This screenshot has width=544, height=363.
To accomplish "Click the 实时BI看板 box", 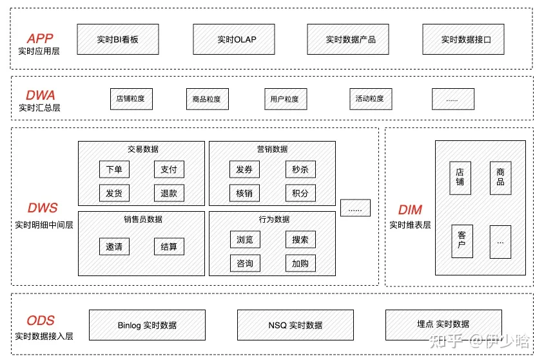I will coord(118,39).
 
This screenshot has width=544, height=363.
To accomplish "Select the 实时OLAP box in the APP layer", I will coord(237,39).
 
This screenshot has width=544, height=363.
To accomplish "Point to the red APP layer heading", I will coord(40,39).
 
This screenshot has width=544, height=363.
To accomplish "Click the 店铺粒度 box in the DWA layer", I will coord(130,99).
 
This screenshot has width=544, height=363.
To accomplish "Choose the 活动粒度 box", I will coord(370,99).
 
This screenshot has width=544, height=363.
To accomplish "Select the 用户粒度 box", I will coord(284,99).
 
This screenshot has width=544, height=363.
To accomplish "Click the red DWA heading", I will coord(41,95).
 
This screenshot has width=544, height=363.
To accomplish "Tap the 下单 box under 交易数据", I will coord(114,169).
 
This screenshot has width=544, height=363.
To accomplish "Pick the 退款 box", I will coord(169,192).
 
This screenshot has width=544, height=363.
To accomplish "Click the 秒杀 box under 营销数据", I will coord(300,169).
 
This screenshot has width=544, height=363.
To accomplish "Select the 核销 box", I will coord(245,192).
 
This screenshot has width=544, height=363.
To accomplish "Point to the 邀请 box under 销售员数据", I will coord(114,247).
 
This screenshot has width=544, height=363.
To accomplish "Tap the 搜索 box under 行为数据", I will coord(300,239).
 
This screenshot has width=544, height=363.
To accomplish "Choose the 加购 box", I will coord(300,263).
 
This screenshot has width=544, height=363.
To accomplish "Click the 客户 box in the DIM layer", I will coord(461,241).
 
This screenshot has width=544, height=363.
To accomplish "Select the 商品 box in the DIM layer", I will coord(500,178).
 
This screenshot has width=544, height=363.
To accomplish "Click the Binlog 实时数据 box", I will coord(147,325).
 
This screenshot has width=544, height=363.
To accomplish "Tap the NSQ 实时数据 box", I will coord(295,325).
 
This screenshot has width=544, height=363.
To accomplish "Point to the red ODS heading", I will coord(41,321).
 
